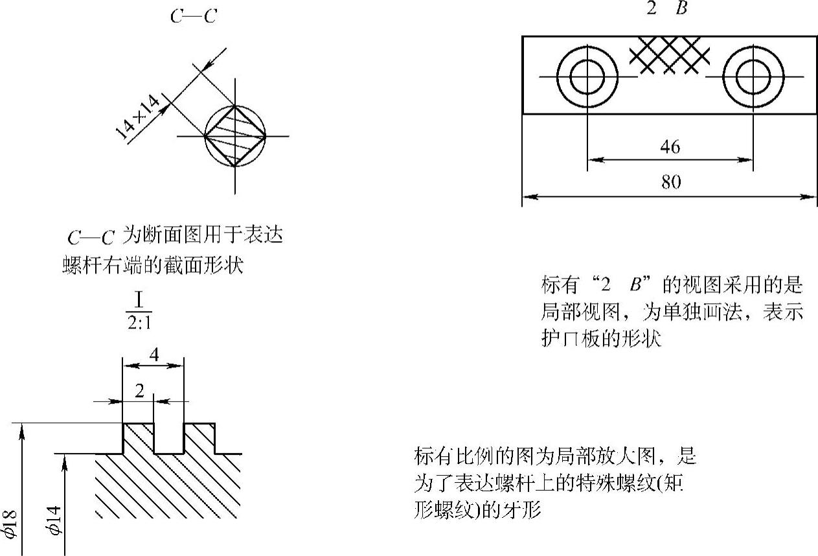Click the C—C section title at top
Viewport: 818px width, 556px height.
[x=193, y=17]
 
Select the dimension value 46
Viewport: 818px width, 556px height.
[x=670, y=148]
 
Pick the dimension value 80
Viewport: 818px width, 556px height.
[x=671, y=183]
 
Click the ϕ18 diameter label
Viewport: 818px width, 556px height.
[x=10, y=524]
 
